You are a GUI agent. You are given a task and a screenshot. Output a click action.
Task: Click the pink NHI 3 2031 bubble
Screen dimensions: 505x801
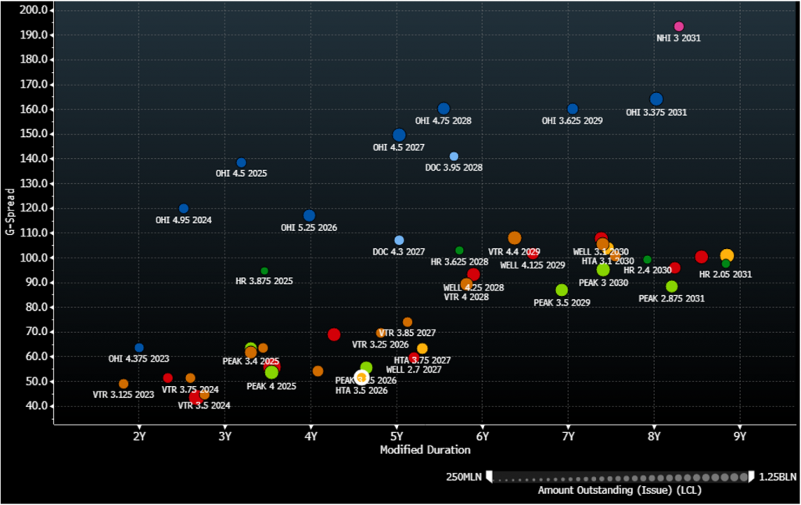[x=679, y=27]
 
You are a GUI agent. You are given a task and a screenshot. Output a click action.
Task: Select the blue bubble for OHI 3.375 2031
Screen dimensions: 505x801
[x=656, y=99]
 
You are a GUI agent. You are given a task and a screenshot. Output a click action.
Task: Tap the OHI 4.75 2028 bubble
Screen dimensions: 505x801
[x=444, y=109]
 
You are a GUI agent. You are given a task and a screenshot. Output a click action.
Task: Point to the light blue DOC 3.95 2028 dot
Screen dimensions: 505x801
[x=454, y=157]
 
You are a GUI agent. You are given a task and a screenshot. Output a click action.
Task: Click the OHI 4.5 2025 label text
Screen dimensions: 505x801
[x=241, y=173]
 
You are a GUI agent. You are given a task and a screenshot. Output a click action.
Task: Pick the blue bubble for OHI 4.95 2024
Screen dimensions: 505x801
[x=184, y=209]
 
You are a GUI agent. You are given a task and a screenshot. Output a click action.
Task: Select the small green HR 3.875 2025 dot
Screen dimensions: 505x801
[x=264, y=271]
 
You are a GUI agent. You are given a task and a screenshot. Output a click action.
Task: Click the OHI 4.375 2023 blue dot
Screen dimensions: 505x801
[x=139, y=348]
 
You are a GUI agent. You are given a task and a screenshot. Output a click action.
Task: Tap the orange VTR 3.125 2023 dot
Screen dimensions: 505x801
[x=124, y=384]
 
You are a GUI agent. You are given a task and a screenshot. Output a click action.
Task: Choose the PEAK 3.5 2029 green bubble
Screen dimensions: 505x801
[x=562, y=290]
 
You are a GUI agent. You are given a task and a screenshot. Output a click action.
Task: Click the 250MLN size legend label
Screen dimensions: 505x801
[x=464, y=477]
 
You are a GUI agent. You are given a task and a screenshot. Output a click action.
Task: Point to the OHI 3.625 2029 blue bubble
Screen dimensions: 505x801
[x=573, y=110]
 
